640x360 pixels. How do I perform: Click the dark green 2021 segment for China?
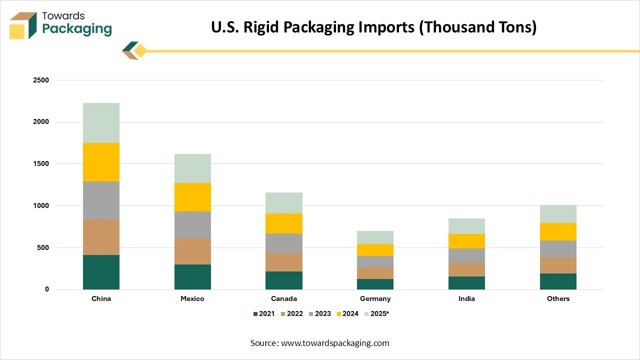click(x=101, y=272)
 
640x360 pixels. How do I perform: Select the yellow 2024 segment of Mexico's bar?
click(x=192, y=197)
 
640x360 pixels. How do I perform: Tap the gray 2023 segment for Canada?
click(x=284, y=243)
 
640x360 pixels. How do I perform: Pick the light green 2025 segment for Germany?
click(x=375, y=237)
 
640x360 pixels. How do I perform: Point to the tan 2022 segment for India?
click(x=466, y=269)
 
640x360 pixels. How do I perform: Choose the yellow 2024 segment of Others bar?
click(x=558, y=231)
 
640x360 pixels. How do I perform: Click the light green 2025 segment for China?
click(x=101, y=123)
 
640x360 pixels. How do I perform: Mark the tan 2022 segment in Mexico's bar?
click(x=192, y=251)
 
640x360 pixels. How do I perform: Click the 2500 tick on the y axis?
click(x=41, y=80)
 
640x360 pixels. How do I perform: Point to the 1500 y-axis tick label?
click(x=41, y=164)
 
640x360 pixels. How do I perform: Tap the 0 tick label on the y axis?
click(x=46, y=289)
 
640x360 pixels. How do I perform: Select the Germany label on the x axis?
click(x=375, y=298)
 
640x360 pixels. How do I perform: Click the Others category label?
click(x=558, y=298)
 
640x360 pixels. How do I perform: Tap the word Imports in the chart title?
click(x=386, y=27)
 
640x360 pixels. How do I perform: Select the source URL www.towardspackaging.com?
click(x=335, y=343)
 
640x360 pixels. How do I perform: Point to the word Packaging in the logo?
click(x=76, y=28)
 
